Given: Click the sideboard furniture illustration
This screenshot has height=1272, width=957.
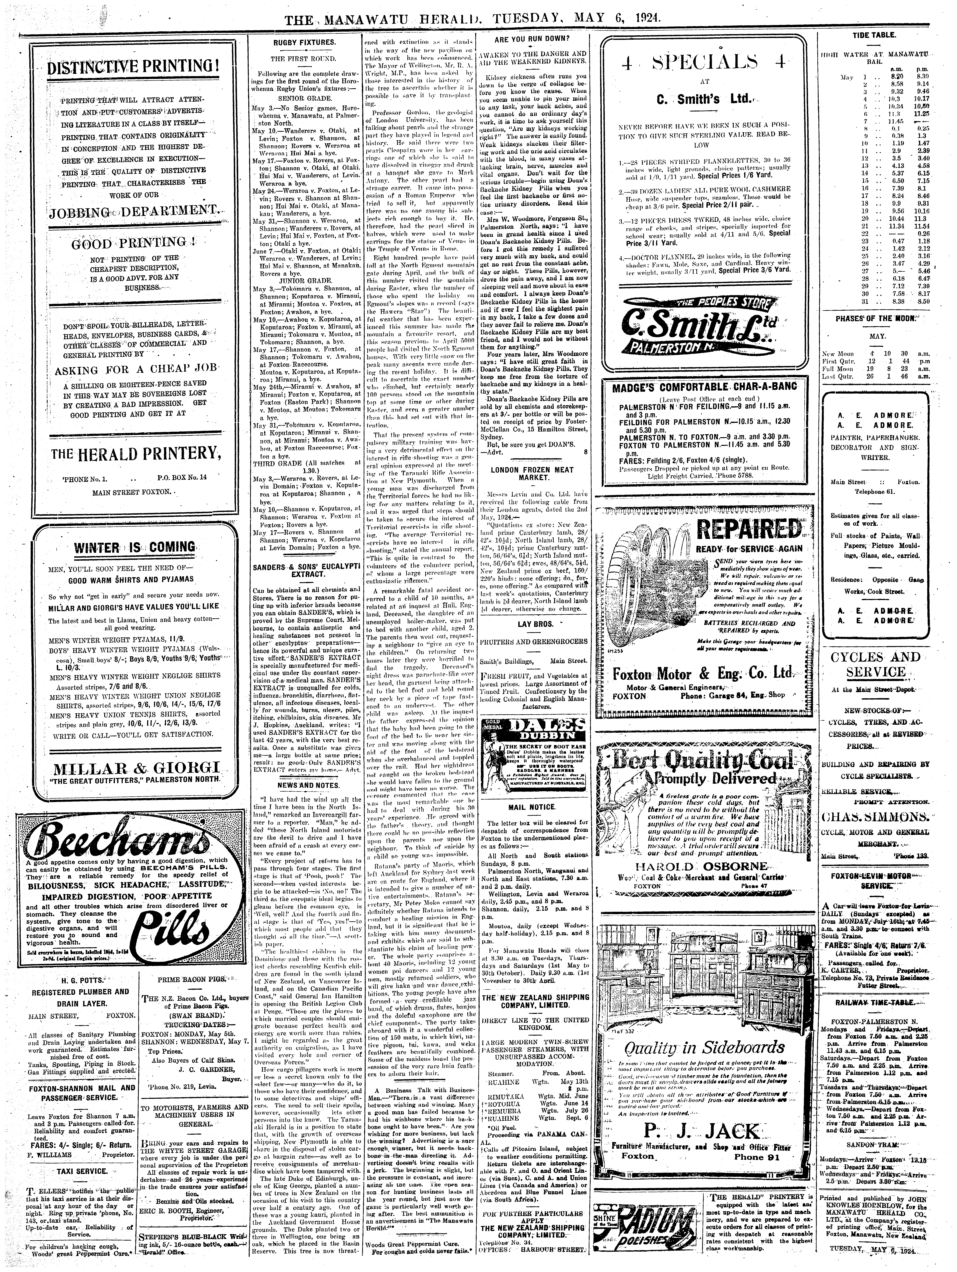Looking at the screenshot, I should pos(706,980).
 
